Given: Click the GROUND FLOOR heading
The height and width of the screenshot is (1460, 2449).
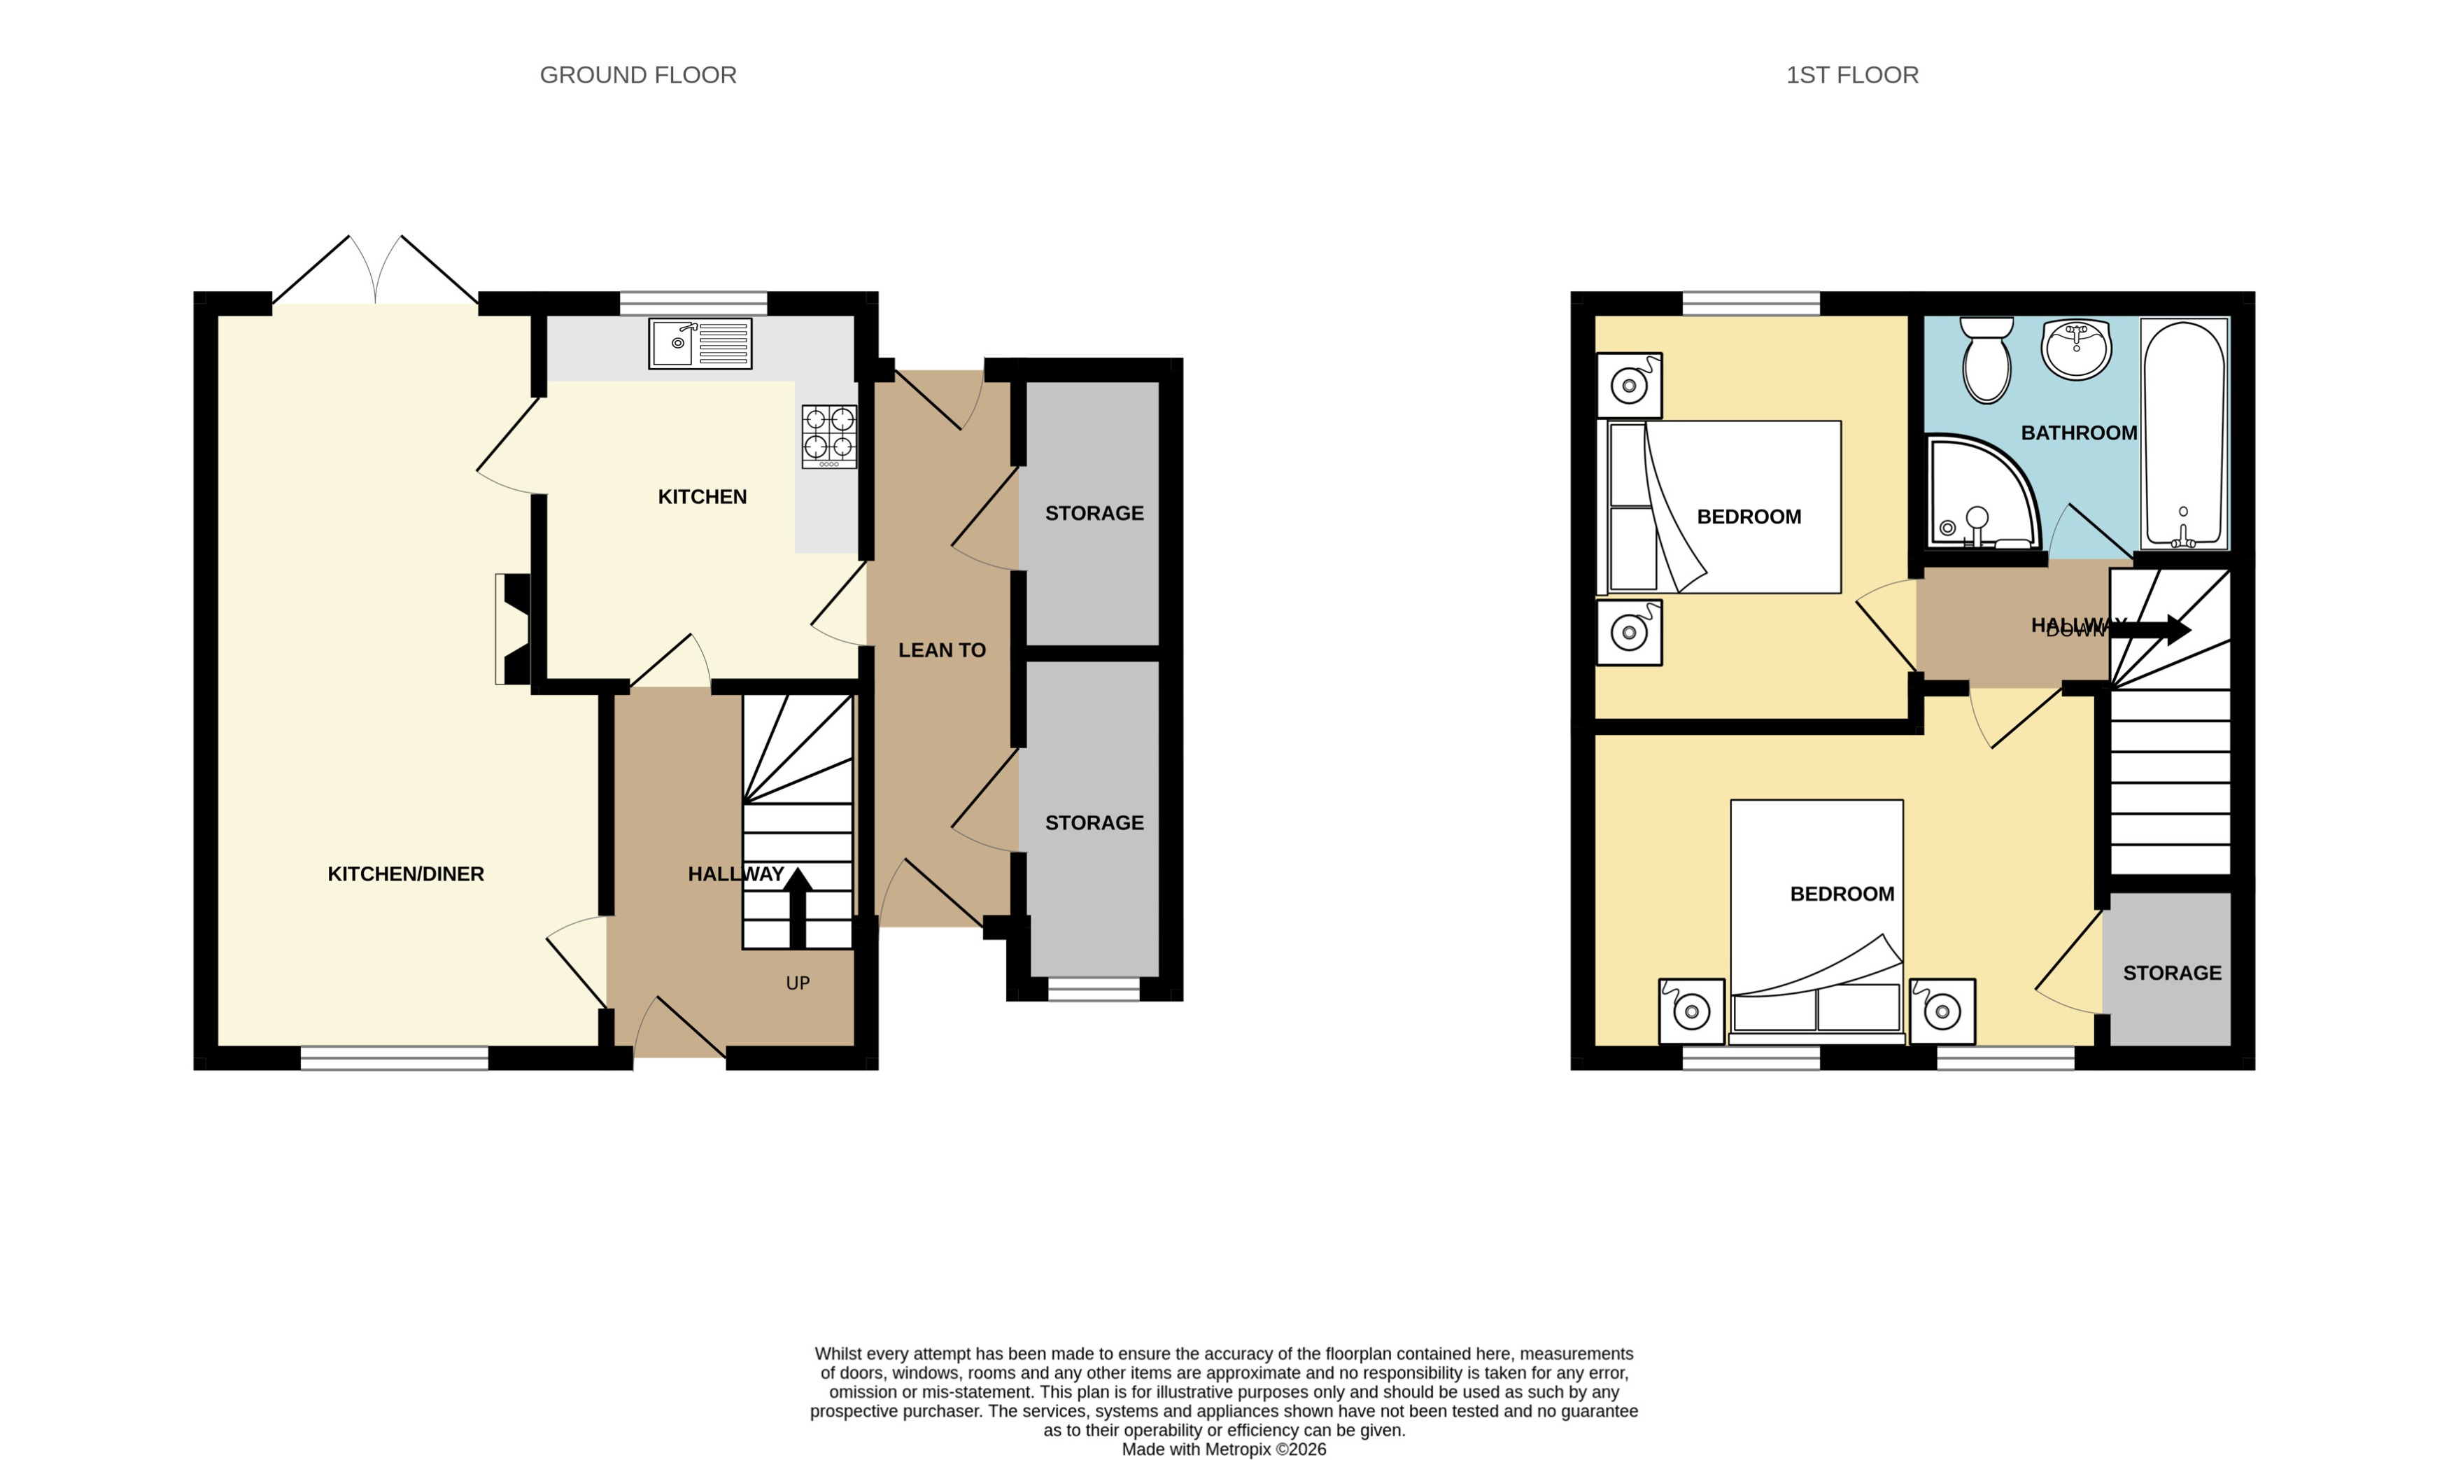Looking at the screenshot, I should click(637, 75).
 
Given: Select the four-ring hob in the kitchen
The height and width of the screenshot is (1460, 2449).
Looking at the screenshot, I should click(828, 436).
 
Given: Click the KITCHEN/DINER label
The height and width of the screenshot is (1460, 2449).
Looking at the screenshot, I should click(405, 873).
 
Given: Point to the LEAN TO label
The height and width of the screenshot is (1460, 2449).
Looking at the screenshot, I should click(941, 650).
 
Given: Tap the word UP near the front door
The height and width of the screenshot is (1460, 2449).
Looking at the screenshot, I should click(798, 983).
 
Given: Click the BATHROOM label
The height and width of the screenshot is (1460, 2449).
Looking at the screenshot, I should click(2078, 433).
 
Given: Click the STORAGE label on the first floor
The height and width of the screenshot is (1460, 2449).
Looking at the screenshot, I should click(2172, 973).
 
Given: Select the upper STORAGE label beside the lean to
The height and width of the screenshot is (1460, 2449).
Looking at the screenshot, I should click(1094, 514).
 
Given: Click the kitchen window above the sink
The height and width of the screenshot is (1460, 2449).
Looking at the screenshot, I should click(693, 302).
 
